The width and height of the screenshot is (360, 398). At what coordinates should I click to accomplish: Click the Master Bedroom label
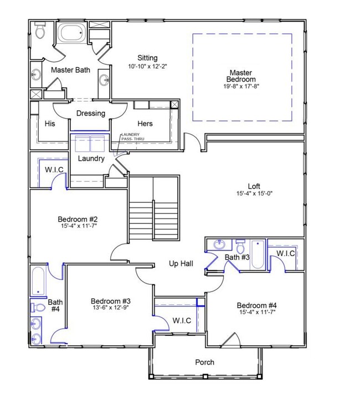click(x=241, y=76)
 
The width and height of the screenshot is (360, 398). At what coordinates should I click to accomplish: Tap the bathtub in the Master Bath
click(x=71, y=32)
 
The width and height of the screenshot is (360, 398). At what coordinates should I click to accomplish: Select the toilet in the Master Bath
click(x=40, y=30)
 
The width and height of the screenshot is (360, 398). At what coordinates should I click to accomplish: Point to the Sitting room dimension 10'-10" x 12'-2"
click(x=147, y=67)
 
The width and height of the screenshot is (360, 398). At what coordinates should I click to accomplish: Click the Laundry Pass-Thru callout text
click(x=132, y=136)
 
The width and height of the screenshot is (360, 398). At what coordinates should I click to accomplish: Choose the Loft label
click(x=254, y=186)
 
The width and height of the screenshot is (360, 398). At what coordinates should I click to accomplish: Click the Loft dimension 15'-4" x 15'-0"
click(x=254, y=193)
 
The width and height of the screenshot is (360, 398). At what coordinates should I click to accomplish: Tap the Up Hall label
click(x=181, y=264)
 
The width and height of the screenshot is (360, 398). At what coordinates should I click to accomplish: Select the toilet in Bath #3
click(x=240, y=246)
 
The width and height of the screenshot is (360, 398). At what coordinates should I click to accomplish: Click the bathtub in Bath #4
click(x=38, y=280)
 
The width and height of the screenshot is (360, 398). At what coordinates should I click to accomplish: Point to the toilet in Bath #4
click(x=38, y=308)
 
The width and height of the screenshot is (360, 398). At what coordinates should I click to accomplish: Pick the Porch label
click(x=204, y=362)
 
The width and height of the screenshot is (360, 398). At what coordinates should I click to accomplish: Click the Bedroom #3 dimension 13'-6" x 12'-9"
click(x=111, y=308)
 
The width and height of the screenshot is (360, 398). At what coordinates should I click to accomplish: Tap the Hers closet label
click(x=145, y=124)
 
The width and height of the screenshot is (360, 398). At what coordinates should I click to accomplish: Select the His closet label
click(x=50, y=124)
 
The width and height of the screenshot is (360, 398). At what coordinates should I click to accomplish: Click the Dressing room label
click(x=91, y=113)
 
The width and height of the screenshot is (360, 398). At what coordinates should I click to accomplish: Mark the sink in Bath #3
click(x=219, y=244)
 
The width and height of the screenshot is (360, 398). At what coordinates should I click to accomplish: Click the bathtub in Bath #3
click(x=258, y=254)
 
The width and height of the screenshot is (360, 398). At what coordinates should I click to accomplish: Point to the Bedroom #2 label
click(x=78, y=219)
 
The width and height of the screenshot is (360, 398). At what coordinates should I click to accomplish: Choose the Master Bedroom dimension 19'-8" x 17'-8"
click(x=241, y=86)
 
